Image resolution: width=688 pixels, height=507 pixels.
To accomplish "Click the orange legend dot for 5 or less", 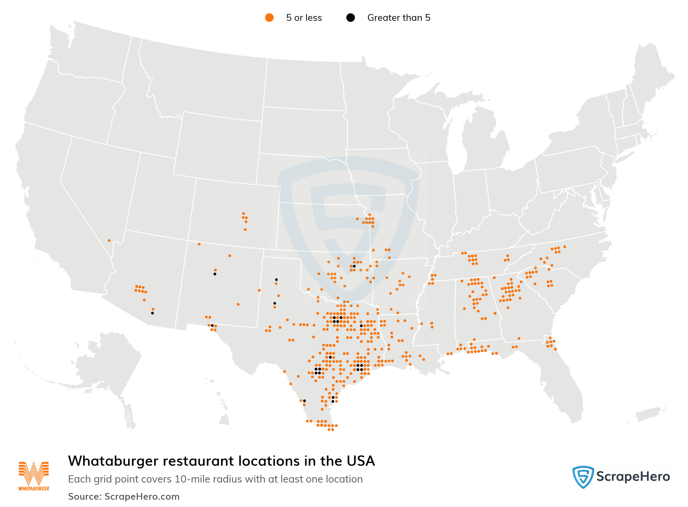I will pyautogui.click(x=269, y=18).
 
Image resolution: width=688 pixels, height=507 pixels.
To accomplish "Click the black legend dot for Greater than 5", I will pyautogui.click(x=350, y=18).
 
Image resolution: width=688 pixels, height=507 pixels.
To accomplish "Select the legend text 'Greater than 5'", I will pyautogui.click(x=399, y=18).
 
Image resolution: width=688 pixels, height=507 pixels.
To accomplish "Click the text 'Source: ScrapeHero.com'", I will pyautogui.click(x=124, y=496).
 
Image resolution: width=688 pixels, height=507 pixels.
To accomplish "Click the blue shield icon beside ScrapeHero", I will pyautogui.click(x=583, y=477).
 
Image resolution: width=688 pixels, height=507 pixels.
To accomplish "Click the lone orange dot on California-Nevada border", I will pyautogui.click(x=109, y=241).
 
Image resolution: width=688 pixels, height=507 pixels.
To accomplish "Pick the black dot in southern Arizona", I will pyautogui.click(x=152, y=313).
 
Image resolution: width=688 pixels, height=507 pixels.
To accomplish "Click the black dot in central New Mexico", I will pyautogui.click(x=215, y=274).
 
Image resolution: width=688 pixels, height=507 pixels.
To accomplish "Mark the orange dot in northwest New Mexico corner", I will pyautogui.click(x=199, y=244).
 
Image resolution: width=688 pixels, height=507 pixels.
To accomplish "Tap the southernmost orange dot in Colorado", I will pyautogui.click(x=245, y=229).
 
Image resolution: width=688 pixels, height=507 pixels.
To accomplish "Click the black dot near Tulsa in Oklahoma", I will pyautogui.click(x=354, y=266).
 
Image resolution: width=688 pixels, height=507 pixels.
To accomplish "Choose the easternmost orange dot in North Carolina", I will pyautogui.click(x=564, y=247).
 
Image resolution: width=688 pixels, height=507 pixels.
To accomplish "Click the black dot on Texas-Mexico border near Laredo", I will pyautogui.click(x=304, y=401).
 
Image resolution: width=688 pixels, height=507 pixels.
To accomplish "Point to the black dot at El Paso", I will pyautogui.click(x=212, y=325).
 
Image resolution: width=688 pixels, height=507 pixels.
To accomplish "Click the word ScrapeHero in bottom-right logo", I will pyautogui.click(x=633, y=477).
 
